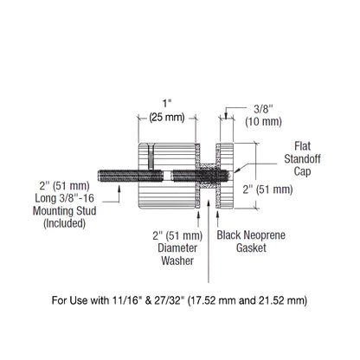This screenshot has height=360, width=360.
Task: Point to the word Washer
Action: point(176,260)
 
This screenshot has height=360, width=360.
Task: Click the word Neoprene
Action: point(251,235)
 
